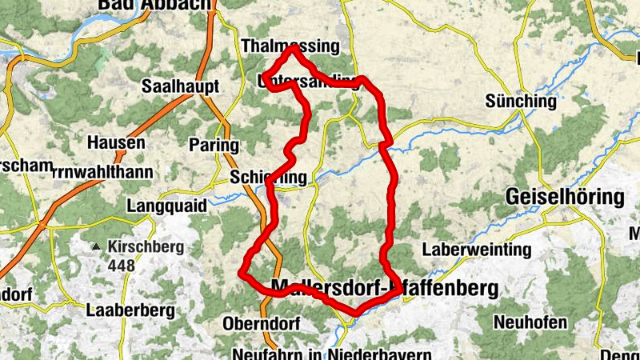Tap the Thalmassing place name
click(290, 46)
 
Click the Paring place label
click(214, 145)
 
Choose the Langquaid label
click(166, 206)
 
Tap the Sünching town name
click(520, 102)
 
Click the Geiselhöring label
click(565, 197)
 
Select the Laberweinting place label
click(477, 250)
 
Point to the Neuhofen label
click(530, 323)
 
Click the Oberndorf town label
click(262, 324)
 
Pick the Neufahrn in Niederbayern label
click(332, 353)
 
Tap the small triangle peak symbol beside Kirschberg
click(98, 247)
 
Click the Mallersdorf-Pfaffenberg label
click(385, 286)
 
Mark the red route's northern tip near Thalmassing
click(294, 47)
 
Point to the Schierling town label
click(268, 177)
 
